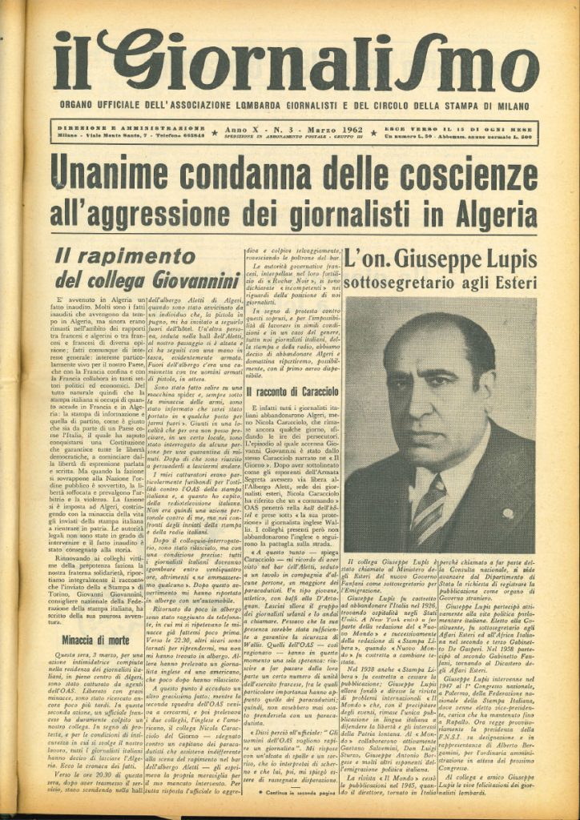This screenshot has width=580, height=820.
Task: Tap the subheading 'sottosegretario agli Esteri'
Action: [x=439, y=281]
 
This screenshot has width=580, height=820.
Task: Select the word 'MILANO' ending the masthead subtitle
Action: [x=514, y=105]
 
